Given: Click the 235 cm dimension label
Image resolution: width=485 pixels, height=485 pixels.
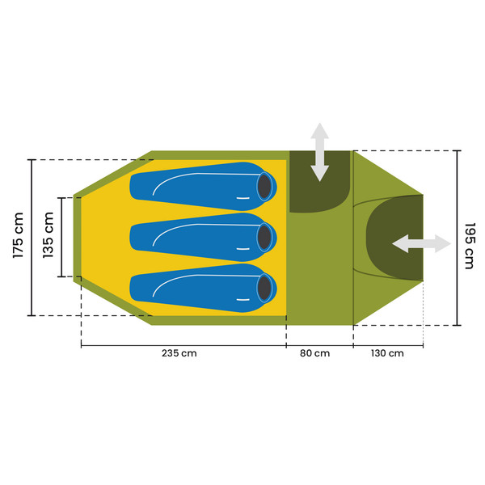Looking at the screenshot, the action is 179,353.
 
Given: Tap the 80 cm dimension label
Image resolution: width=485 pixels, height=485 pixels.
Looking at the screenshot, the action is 314,353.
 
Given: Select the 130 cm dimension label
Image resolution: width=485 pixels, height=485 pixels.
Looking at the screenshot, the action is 387,353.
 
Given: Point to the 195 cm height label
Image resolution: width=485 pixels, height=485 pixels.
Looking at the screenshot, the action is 470,246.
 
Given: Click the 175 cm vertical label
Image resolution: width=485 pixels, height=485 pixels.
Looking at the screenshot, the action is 19,235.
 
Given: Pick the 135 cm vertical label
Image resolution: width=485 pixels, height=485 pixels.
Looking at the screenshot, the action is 48,235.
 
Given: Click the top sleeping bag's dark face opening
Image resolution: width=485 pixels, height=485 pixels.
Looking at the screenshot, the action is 264,187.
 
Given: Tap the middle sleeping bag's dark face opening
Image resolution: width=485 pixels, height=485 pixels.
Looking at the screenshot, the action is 264,238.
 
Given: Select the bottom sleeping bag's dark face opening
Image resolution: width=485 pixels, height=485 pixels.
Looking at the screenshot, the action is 264,289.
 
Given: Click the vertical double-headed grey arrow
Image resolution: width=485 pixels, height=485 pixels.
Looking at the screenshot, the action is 319,152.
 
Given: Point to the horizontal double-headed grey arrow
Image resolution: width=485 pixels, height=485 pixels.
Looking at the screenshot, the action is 421,243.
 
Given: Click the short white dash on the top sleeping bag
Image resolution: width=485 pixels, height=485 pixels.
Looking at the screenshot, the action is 242,198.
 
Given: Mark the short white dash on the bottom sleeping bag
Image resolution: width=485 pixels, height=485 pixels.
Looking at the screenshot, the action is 242,299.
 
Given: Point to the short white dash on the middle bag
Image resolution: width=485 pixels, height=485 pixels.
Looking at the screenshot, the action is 242,249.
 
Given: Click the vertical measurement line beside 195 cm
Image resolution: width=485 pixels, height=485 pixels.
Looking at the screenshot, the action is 457,238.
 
